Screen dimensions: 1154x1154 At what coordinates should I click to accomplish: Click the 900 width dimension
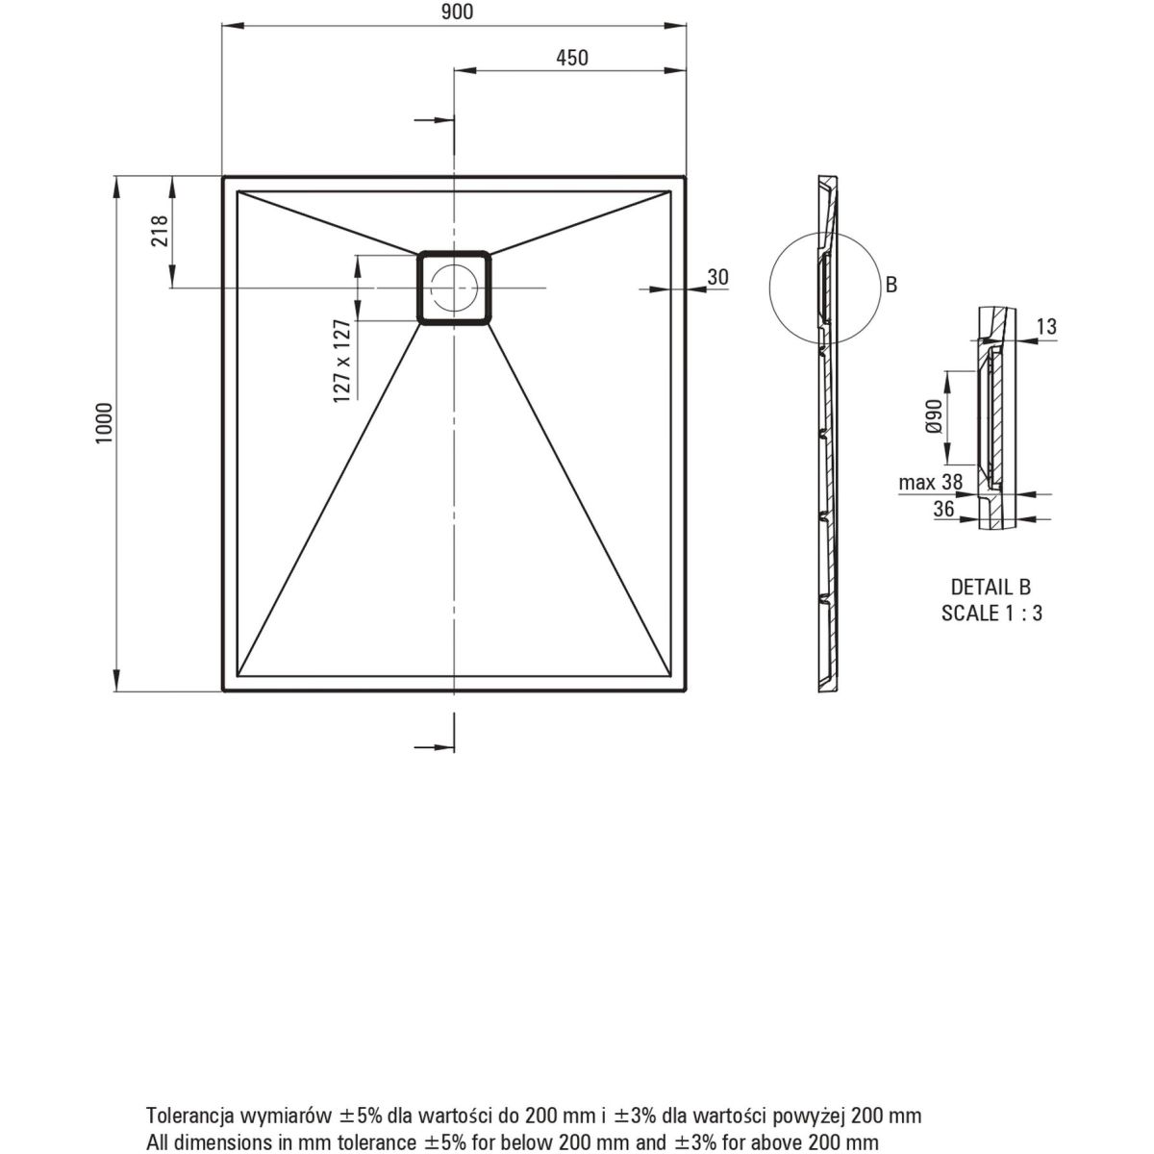coord(457,12)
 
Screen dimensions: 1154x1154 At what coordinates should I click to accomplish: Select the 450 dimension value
coord(572,58)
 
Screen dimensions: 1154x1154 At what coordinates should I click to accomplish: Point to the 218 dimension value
coord(160,231)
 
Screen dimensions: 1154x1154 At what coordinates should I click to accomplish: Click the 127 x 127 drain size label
coord(342,362)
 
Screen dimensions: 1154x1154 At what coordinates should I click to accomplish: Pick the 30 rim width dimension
coord(718,277)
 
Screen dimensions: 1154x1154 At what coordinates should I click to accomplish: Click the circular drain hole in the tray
coord(455,288)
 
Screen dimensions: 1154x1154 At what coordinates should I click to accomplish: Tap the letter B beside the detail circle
coord(891,285)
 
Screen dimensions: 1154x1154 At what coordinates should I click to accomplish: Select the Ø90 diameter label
coord(935,416)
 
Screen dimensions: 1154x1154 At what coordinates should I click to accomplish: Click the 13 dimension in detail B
coord(1047,326)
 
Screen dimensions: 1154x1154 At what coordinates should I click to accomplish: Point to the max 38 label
coord(931,482)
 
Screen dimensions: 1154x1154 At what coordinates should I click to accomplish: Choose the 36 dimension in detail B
coord(943,509)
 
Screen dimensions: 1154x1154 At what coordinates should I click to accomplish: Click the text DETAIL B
coord(991,587)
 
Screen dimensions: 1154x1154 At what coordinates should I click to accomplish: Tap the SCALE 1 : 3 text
coord(991,614)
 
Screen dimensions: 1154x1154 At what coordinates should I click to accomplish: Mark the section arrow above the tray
coord(434,120)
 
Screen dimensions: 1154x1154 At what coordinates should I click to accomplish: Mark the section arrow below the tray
coord(434,747)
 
